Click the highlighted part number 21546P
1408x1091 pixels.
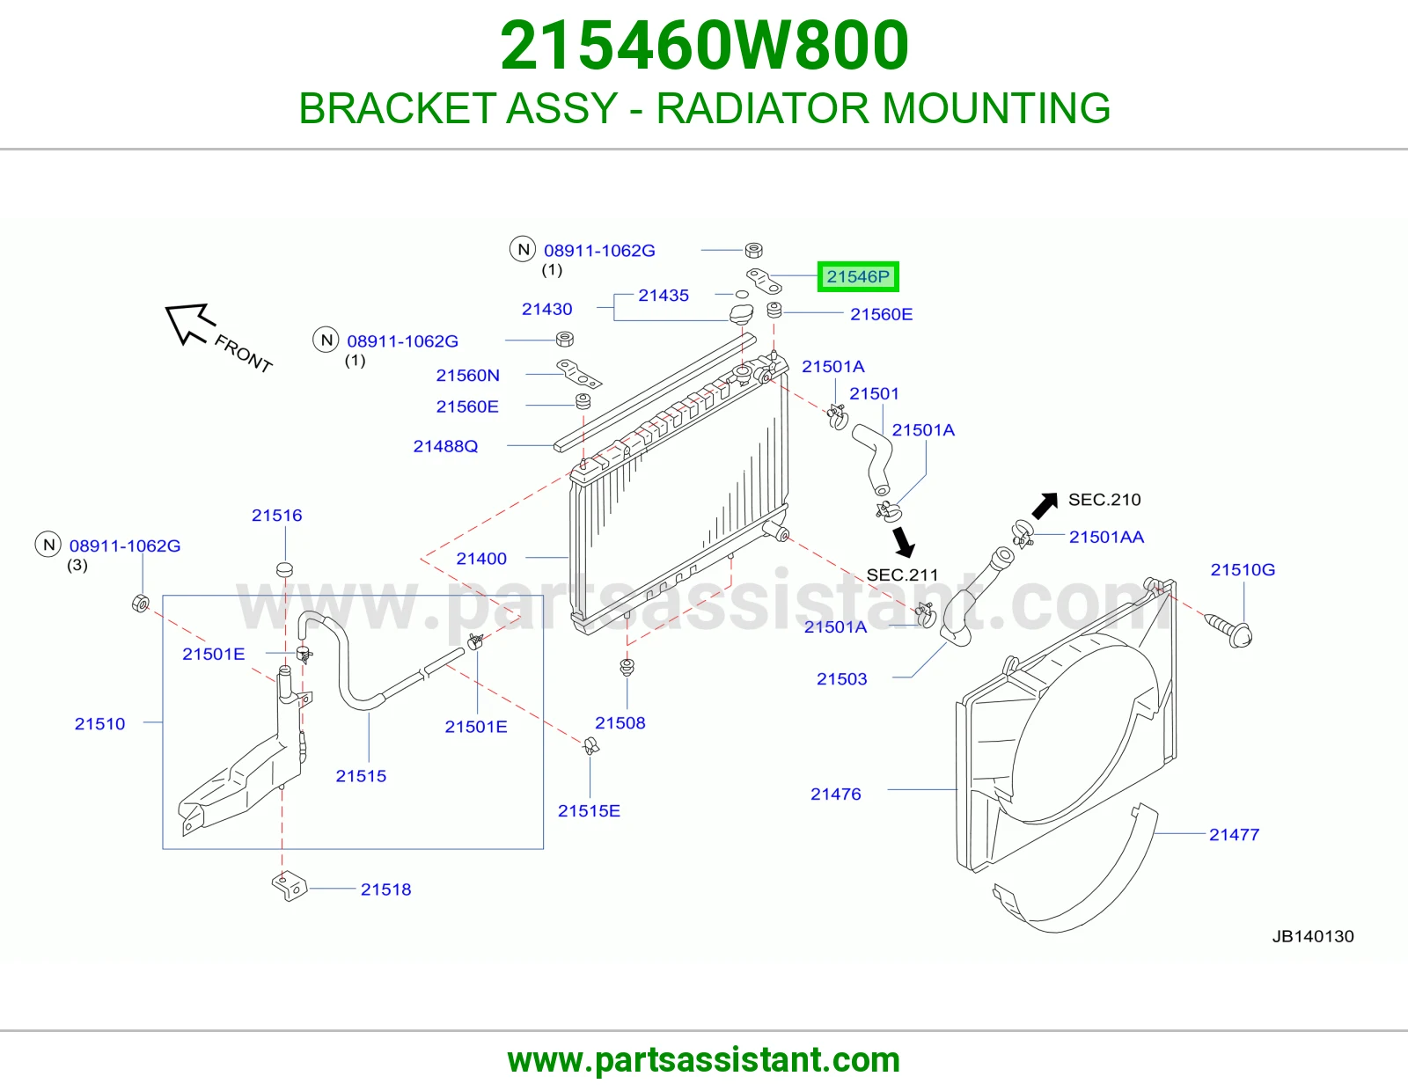point(857,276)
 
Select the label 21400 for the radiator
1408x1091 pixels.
point(480,559)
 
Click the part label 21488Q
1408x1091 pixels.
point(445,446)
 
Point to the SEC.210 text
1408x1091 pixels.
point(1104,500)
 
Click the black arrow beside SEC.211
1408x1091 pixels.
point(903,542)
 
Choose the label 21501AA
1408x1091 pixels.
point(1106,537)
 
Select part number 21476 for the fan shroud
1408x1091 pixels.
point(835,794)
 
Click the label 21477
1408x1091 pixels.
point(1234,834)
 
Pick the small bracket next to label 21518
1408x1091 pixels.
point(289,887)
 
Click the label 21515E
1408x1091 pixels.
point(589,811)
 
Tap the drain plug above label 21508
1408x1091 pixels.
point(627,667)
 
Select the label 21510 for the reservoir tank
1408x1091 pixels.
point(99,723)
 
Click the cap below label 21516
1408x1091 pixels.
point(284,569)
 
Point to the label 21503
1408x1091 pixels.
point(841,679)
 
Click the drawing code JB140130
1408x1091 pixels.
point(1313,936)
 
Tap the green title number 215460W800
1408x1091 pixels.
point(704,45)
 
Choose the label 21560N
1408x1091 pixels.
point(467,375)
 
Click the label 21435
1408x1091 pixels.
point(663,296)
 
